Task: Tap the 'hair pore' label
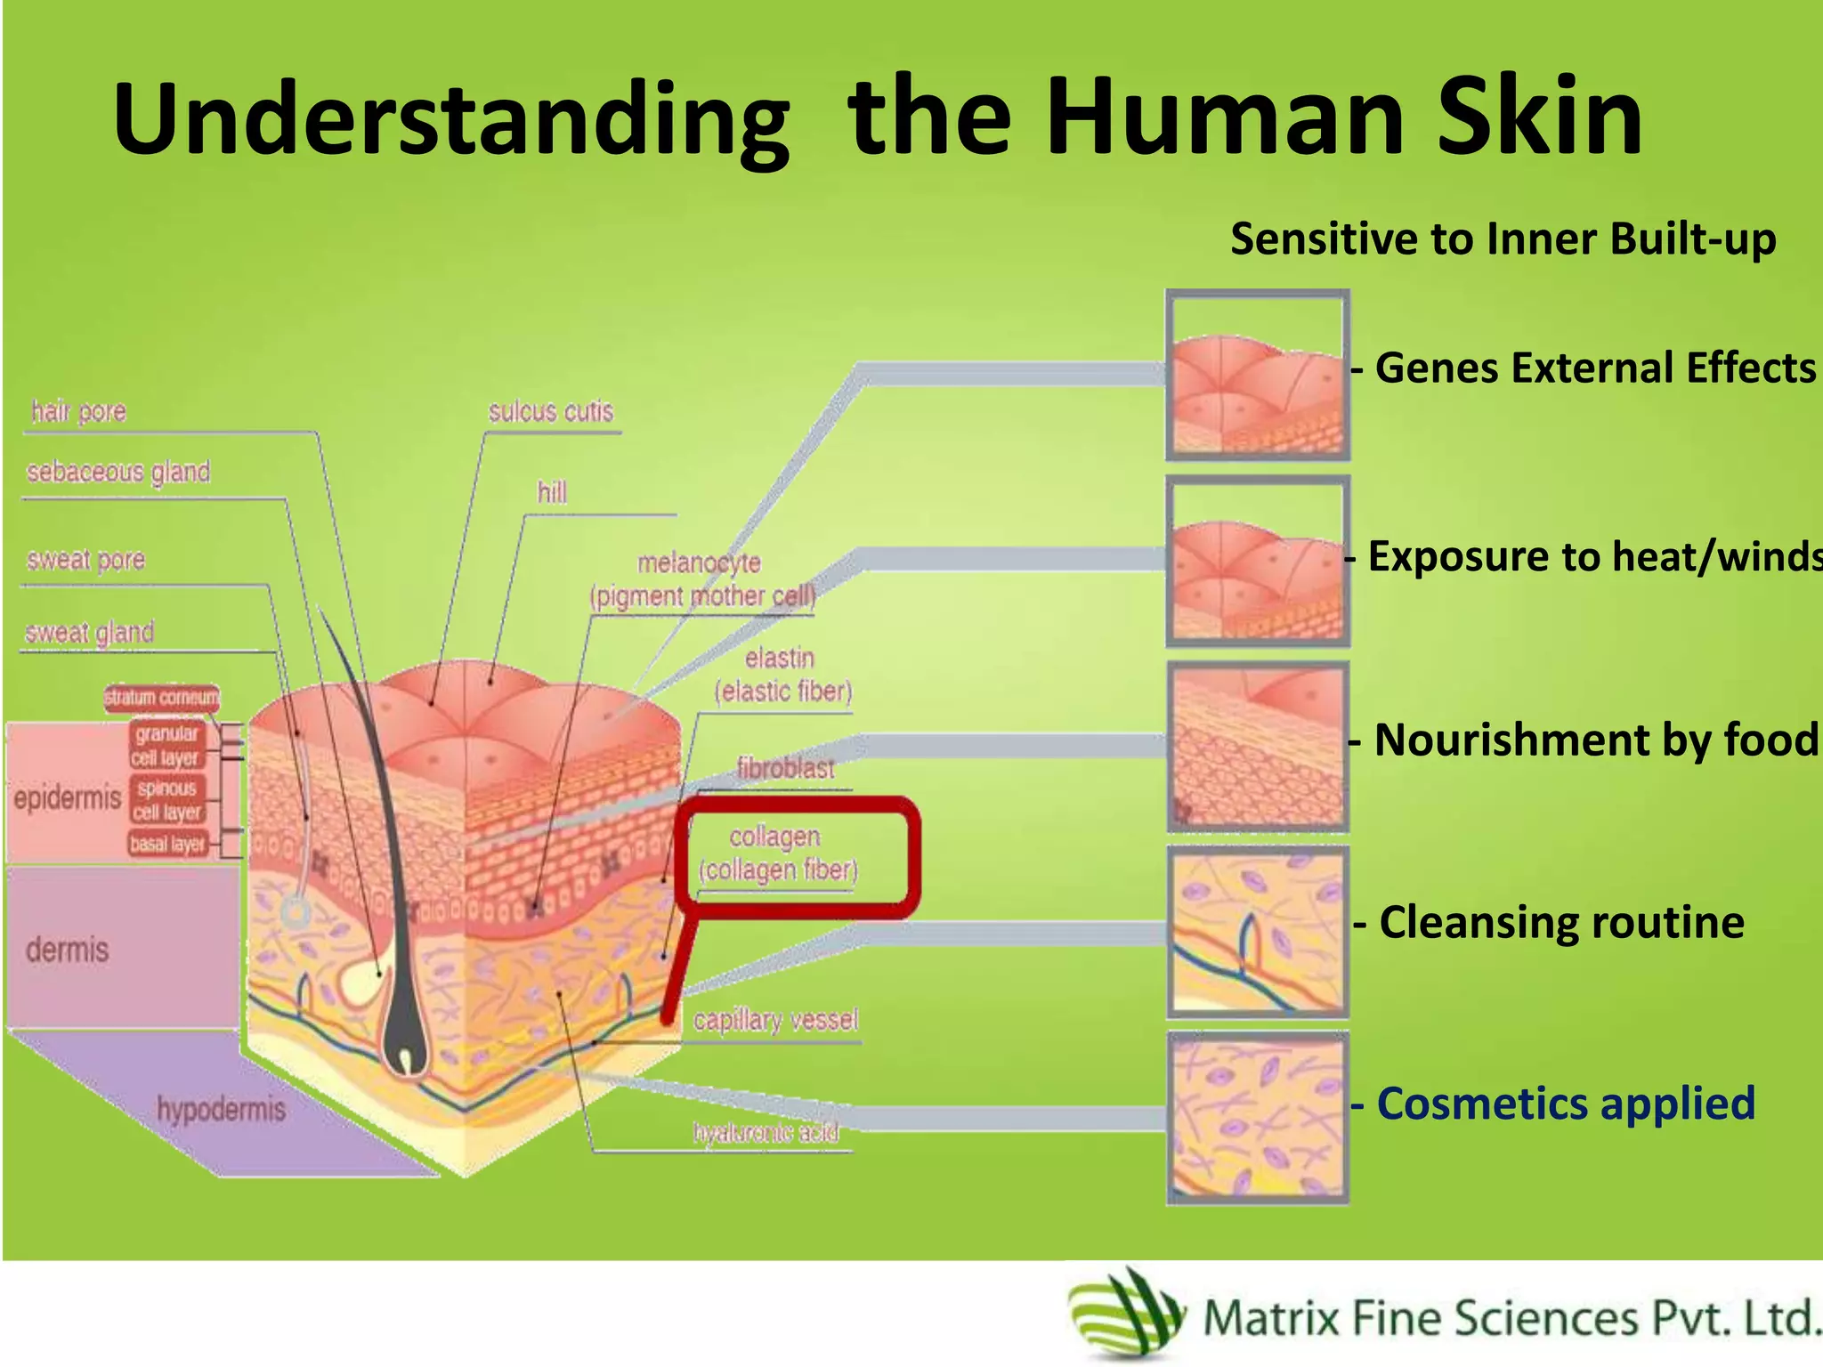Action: pyautogui.click(x=78, y=412)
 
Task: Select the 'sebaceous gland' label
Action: pyautogui.click(x=118, y=472)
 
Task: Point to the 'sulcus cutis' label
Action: pyautogui.click(x=551, y=412)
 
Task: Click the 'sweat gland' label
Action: pyautogui.click(x=89, y=633)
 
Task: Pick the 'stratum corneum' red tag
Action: pyautogui.click(x=161, y=698)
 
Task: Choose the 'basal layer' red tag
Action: pyautogui.click(x=167, y=844)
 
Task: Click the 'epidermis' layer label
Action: pyautogui.click(x=67, y=798)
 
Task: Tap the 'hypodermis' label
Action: pyautogui.click(x=221, y=1110)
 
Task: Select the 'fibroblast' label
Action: pyautogui.click(x=785, y=768)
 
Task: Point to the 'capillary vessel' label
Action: pyautogui.click(x=775, y=1021)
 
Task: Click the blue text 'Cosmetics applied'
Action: pyautogui.click(x=1565, y=1104)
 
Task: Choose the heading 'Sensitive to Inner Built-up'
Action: pyautogui.click(x=1503, y=239)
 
